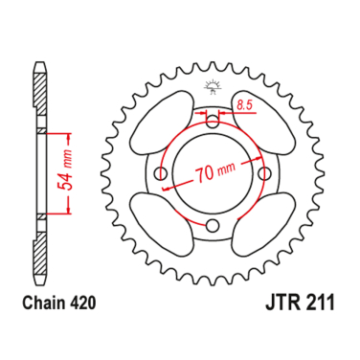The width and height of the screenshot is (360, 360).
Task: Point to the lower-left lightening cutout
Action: tap(160, 222)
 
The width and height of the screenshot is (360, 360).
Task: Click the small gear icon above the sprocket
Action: tap(211, 87)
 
